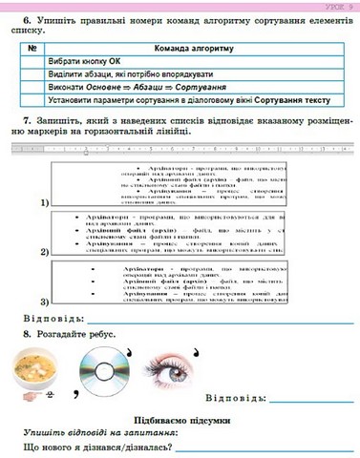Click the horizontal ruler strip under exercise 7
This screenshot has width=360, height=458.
click(181, 150)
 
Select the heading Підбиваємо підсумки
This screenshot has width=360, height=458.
click(179, 417)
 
